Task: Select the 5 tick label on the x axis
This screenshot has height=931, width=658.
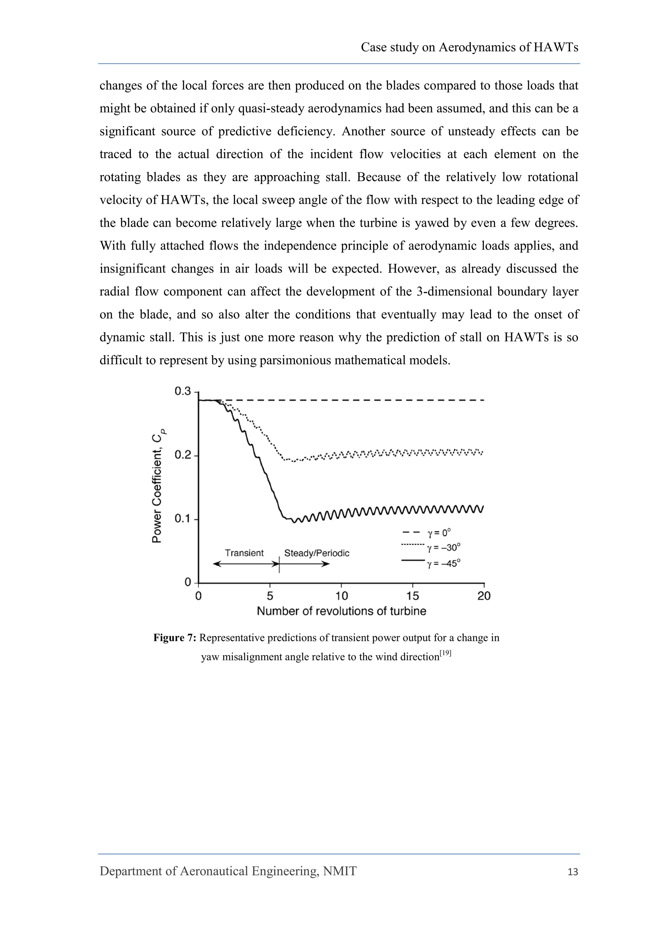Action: click(x=270, y=596)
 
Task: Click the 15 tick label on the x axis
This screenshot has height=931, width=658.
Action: click(x=413, y=596)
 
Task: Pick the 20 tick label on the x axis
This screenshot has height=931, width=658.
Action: click(x=484, y=596)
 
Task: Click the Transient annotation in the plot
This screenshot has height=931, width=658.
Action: click(x=244, y=553)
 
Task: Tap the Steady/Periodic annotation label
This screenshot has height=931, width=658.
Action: click(x=316, y=553)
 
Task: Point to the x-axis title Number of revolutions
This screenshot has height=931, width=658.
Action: click(x=342, y=611)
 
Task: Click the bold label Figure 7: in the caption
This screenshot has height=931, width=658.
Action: click(x=175, y=638)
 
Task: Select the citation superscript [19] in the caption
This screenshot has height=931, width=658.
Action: click(x=445, y=653)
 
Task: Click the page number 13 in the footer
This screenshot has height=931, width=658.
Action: click(x=573, y=872)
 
